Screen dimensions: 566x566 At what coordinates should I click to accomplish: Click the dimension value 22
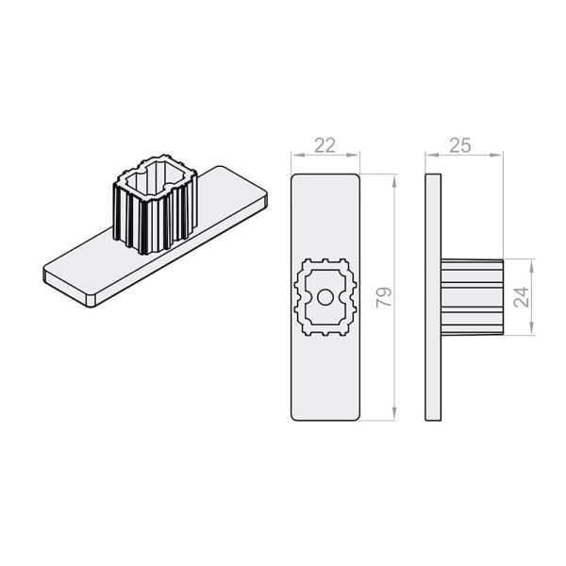pyautogui.click(x=325, y=145)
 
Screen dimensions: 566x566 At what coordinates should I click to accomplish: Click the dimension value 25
pyautogui.click(x=460, y=145)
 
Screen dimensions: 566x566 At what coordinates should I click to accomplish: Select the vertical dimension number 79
pyautogui.click(x=384, y=297)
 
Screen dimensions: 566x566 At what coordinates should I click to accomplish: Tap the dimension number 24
pyautogui.click(x=521, y=297)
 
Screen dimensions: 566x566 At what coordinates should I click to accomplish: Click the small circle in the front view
pyautogui.click(x=325, y=298)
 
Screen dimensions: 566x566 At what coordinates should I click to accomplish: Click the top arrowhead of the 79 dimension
pyautogui.click(x=394, y=181)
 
